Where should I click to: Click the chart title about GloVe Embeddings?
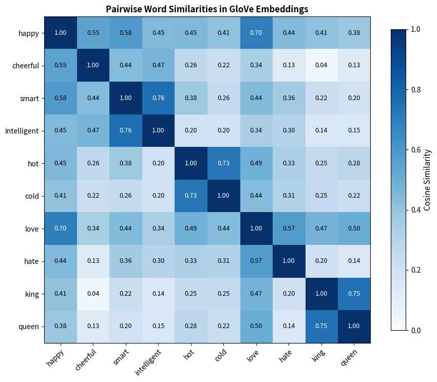pyautogui.click(x=207, y=9)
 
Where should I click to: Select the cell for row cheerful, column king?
pyautogui.click(x=322, y=65)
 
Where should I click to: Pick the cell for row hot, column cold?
pyautogui.click(x=224, y=163)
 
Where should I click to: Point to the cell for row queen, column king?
pyautogui.click(x=322, y=326)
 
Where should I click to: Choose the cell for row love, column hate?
pyautogui.click(x=289, y=228)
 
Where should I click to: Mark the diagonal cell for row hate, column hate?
pyautogui.click(x=289, y=260)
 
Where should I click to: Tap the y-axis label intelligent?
pyautogui.click(x=22, y=131)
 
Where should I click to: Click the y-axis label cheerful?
pyautogui.click(x=25, y=66)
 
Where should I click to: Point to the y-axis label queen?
pyautogui.click(x=28, y=326)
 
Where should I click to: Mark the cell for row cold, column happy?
pyautogui.click(x=61, y=196)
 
